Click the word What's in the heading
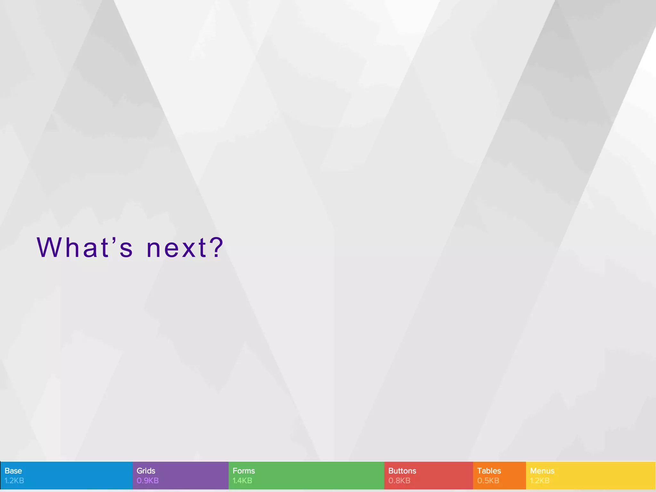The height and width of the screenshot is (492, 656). tap(85, 247)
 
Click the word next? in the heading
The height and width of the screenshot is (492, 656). tap(184, 247)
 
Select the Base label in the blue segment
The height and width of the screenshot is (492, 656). tap(13, 471)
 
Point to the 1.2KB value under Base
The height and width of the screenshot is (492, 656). tap(14, 480)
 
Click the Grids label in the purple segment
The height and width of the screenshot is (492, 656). tap(146, 471)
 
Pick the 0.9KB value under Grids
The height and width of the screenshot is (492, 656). tap(147, 480)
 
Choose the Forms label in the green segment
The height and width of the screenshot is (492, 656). tap(243, 471)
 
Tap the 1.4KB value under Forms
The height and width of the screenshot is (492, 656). tap(242, 480)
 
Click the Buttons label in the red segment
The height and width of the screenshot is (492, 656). tap(402, 471)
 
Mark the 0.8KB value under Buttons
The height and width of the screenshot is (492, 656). tap(399, 480)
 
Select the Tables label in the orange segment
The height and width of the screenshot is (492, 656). tap(489, 471)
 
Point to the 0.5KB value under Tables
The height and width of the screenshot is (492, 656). tap(488, 480)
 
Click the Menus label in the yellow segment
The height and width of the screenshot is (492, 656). tap(542, 471)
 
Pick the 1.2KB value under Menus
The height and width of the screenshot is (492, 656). tap(540, 480)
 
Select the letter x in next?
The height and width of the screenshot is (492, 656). tap(187, 249)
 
